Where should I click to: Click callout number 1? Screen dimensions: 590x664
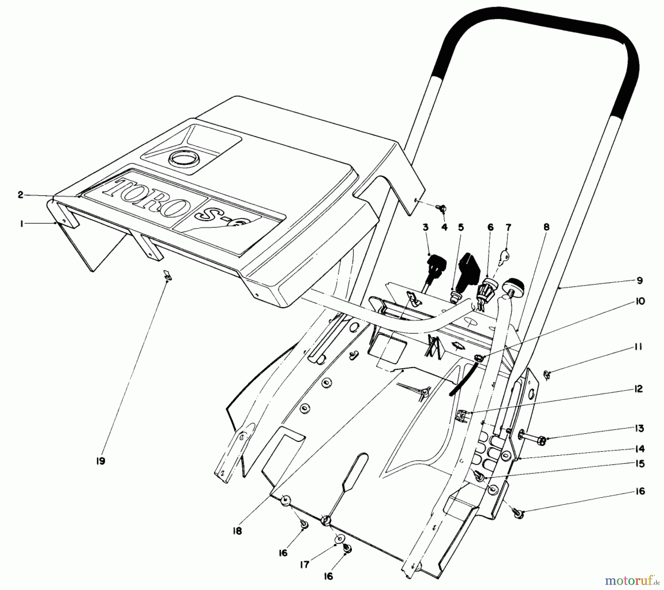(x=22, y=223)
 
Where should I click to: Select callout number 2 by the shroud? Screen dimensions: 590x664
(x=21, y=195)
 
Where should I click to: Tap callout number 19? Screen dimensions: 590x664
(x=100, y=461)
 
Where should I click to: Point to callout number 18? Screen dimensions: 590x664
(x=238, y=531)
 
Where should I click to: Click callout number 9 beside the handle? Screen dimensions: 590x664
(x=639, y=281)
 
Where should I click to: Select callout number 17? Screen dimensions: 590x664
(x=304, y=565)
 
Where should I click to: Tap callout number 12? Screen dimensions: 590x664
(x=639, y=389)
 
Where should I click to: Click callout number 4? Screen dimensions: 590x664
(x=444, y=227)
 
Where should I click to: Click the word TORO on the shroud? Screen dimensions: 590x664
(x=148, y=198)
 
